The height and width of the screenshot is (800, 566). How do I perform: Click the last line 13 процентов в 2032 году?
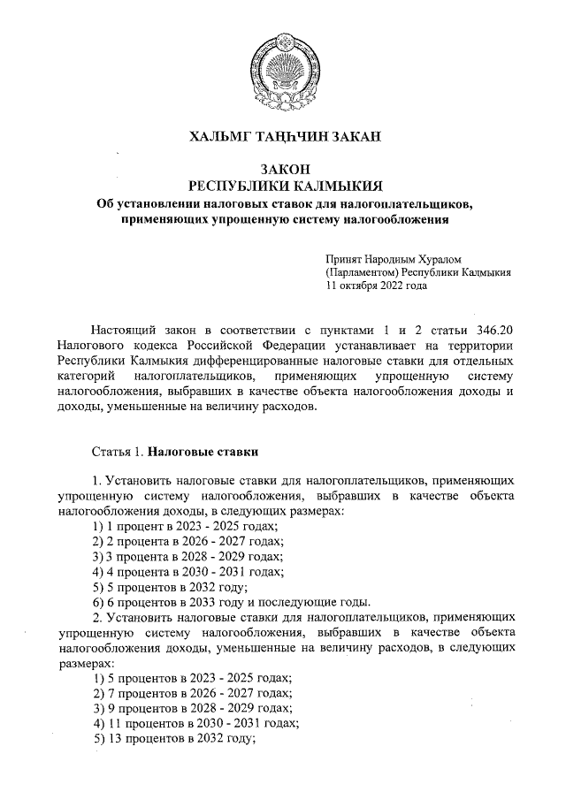pos(174,739)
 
